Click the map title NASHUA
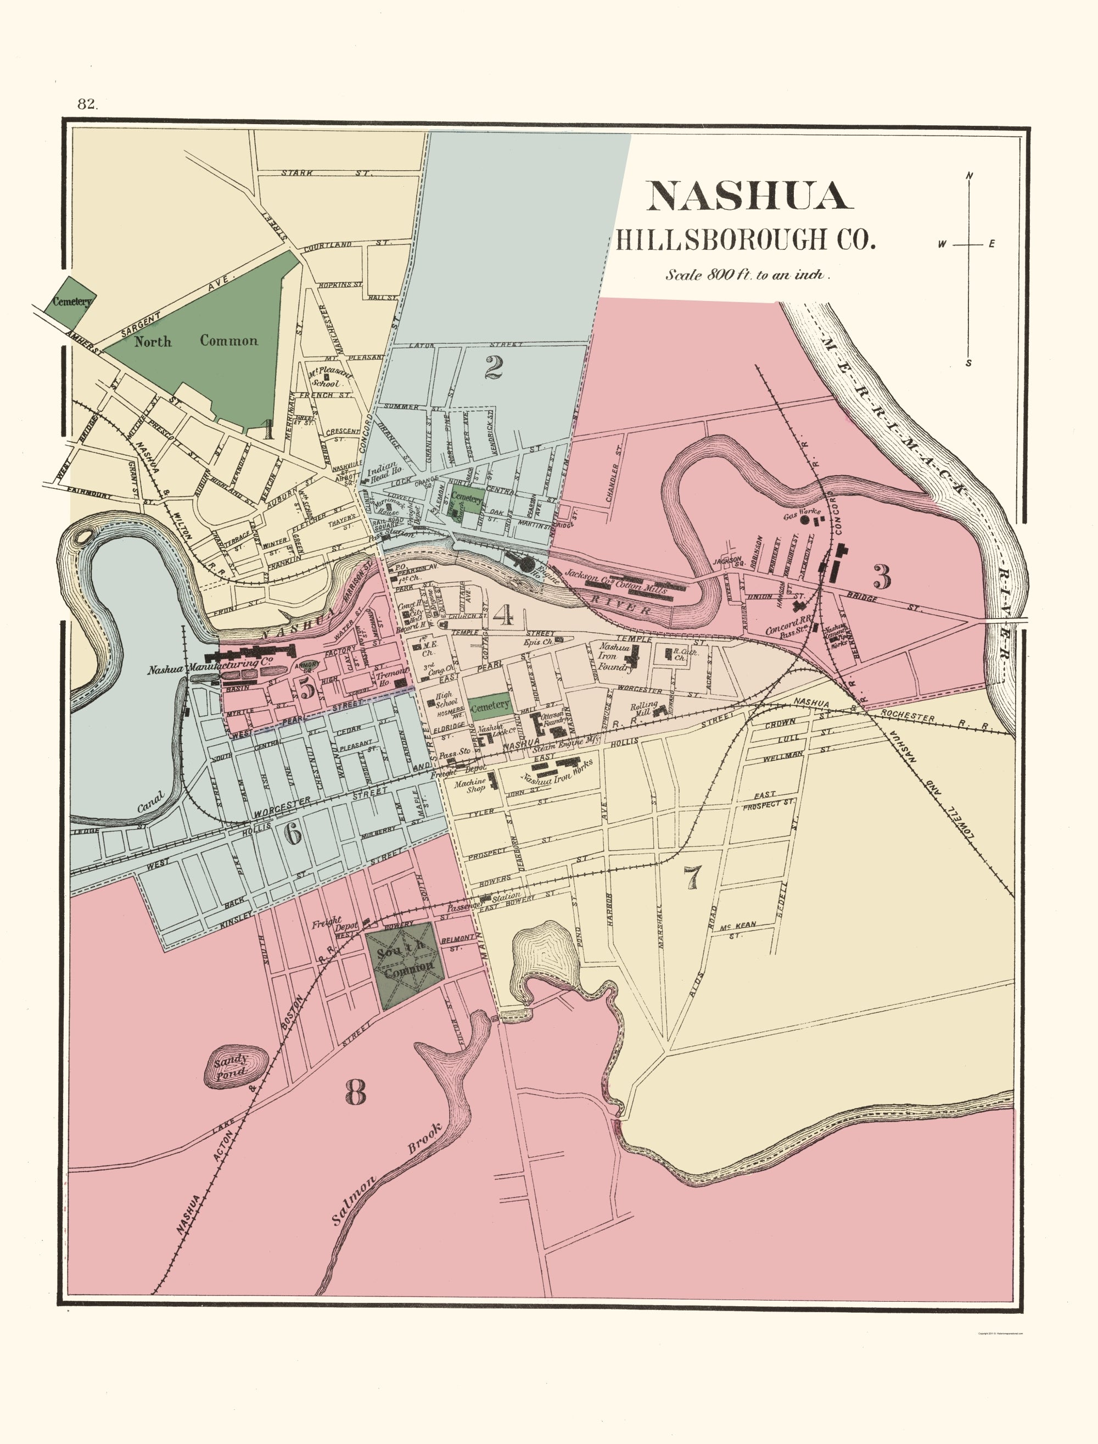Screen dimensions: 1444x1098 click(749, 196)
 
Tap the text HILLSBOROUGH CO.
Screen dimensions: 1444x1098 click(744, 239)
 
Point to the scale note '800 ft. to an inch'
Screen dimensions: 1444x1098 click(748, 275)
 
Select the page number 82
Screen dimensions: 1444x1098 click(87, 103)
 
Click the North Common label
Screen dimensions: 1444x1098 click(196, 341)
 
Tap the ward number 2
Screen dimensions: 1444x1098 click(494, 368)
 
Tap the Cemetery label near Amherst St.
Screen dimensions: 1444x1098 click(72, 302)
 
